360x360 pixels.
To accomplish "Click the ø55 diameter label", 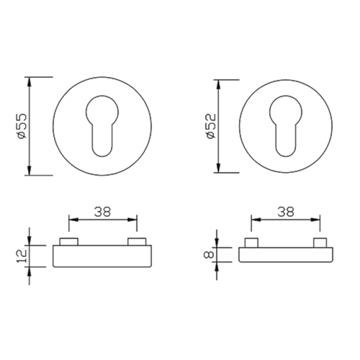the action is click(22, 126).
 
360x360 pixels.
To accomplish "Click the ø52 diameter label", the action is click(211, 126).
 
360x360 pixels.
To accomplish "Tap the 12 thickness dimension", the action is click(22, 256).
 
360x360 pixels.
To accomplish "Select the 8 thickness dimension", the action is click(209, 254).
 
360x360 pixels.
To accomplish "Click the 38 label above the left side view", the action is click(102, 212).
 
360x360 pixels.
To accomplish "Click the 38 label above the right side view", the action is click(286, 212).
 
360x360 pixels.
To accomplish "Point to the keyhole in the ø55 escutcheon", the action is click(102, 126).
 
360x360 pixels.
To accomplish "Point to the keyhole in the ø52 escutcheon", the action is click(286, 126).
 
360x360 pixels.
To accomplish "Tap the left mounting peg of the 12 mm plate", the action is click(69, 241).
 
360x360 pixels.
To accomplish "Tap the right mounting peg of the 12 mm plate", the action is click(137, 241).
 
